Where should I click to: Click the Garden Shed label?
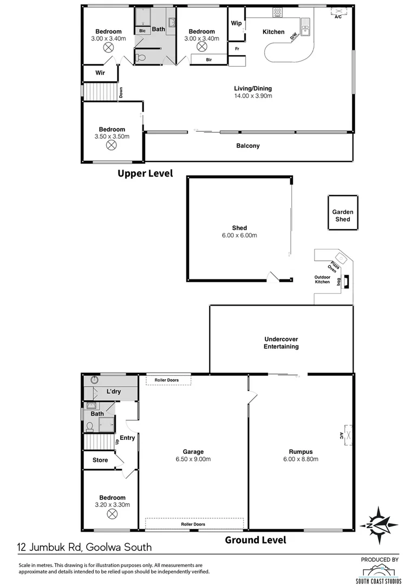pos(343,216)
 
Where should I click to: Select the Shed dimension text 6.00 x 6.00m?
pos(239,236)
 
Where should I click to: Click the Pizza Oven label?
pos(332,266)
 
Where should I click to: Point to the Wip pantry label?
pos(236,23)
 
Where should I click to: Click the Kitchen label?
pos(273,32)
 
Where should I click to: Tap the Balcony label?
pos(248,146)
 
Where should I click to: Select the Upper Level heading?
pos(146,173)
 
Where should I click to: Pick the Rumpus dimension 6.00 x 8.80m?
pos(301,459)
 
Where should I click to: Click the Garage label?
pos(193,452)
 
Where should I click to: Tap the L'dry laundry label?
pos(113,392)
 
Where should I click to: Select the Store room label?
pos(101,460)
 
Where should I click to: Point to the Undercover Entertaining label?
pos(281,343)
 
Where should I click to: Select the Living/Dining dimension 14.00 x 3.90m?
pos(253,96)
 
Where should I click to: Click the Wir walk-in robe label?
pos(100,73)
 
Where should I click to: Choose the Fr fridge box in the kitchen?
pos(237,49)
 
